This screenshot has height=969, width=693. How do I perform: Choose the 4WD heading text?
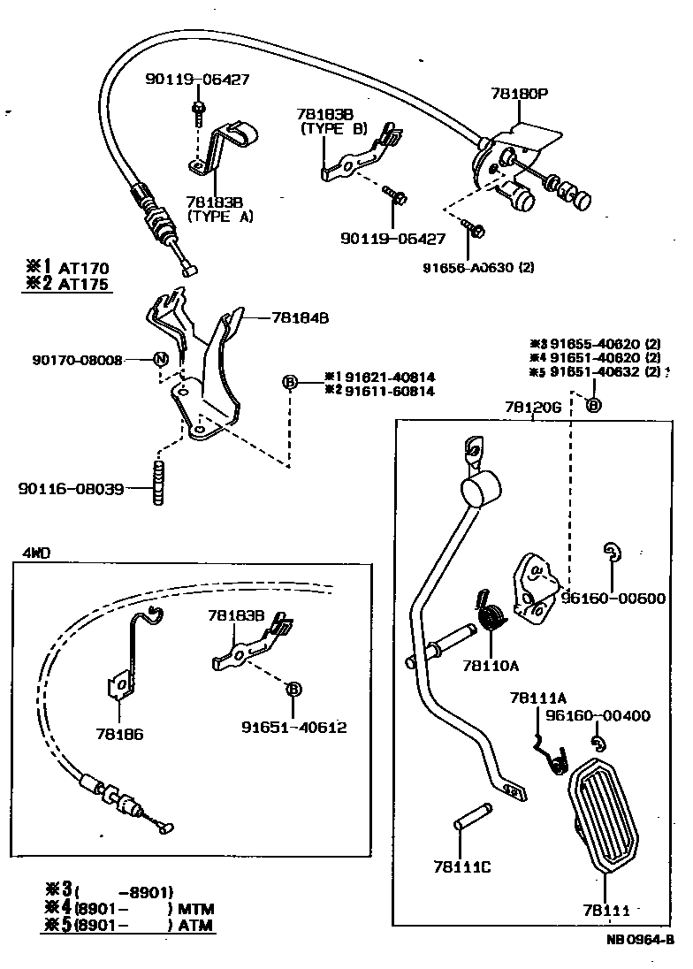[x=36, y=553]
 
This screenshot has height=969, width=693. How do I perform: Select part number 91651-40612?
[x=293, y=728]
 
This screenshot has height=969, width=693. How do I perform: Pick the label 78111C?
[x=462, y=866]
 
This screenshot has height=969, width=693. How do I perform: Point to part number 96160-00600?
[x=613, y=599]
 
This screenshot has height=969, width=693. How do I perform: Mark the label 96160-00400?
[x=597, y=715]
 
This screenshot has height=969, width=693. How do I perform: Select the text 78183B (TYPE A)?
[x=219, y=209]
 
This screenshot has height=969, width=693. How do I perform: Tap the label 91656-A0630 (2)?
[x=490, y=264]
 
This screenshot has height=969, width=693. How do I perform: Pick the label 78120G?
[x=533, y=408]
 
